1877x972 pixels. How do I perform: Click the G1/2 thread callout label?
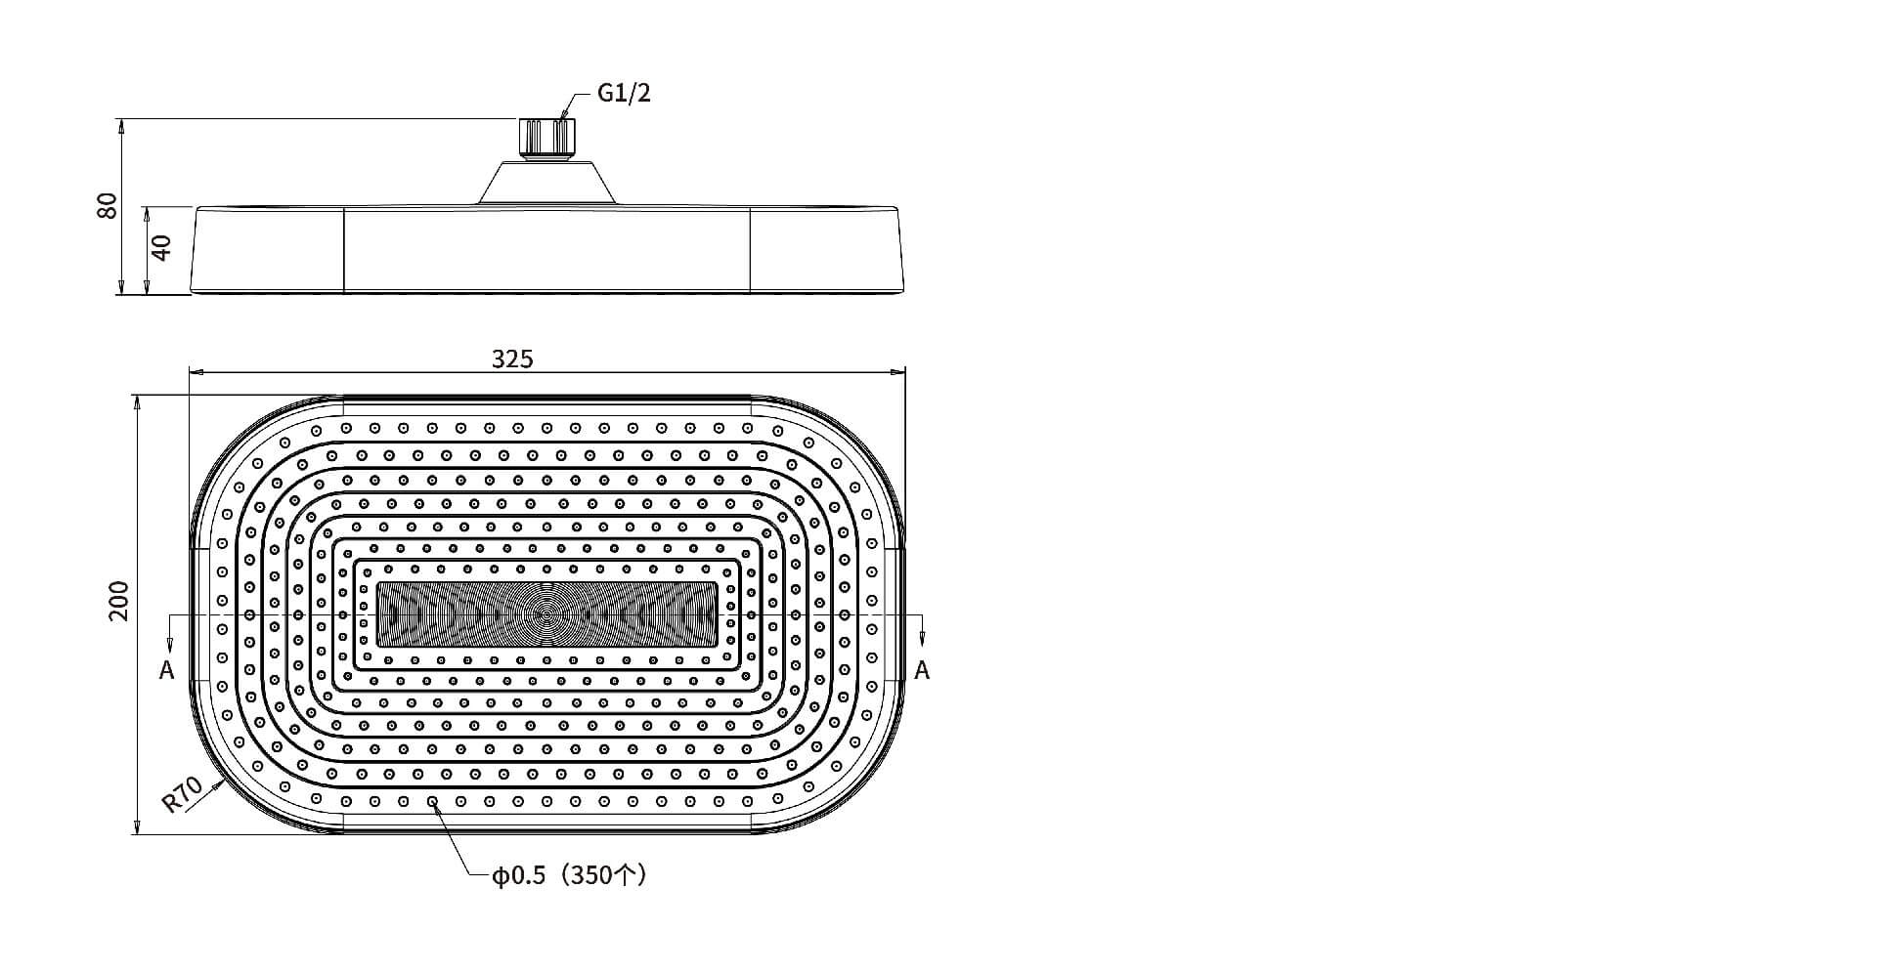(x=624, y=94)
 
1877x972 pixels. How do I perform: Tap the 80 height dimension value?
(x=108, y=205)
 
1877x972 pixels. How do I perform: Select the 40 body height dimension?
(x=162, y=247)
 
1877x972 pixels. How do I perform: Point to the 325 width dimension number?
(x=512, y=359)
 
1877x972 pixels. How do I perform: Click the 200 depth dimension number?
(x=118, y=601)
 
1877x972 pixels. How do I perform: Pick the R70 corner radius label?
(x=182, y=794)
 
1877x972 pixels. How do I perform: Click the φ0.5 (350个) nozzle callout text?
(x=569, y=875)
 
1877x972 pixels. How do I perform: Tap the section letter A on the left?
(x=167, y=670)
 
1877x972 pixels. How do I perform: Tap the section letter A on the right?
(x=922, y=670)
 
